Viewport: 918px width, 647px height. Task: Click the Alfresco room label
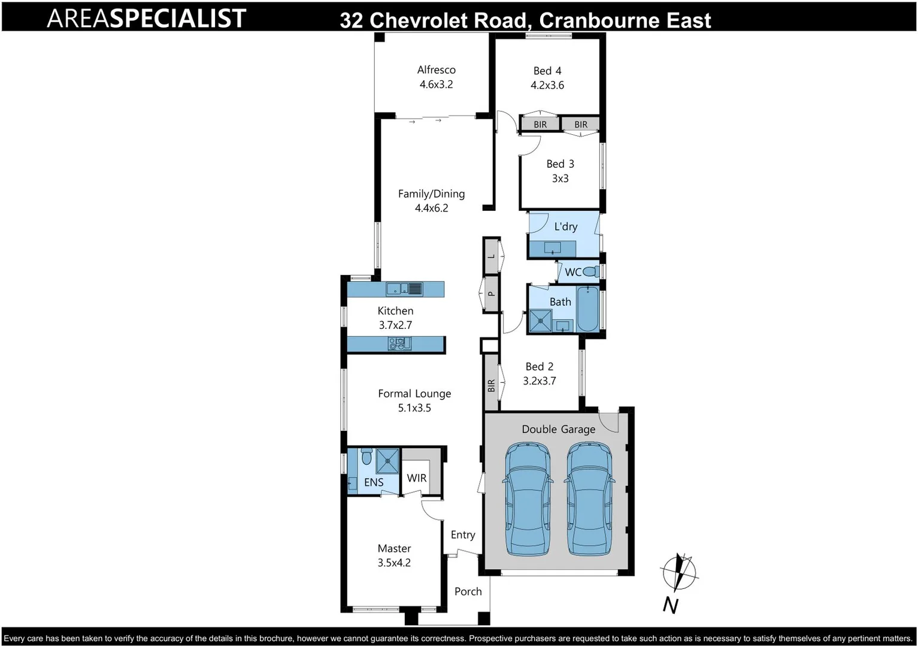click(436, 69)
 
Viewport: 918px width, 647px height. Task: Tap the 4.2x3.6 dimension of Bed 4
click(547, 85)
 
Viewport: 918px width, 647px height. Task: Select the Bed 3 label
click(560, 164)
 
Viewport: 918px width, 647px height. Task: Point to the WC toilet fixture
click(590, 271)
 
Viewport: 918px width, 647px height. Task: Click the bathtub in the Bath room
click(587, 309)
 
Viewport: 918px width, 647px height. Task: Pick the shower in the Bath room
click(540, 321)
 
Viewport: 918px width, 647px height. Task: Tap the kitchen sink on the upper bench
click(404, 289)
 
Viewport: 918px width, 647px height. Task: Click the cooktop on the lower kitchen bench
click(399, 344)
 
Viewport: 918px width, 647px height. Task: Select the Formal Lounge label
click(414, 394)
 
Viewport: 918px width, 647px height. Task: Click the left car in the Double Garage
click(528, 499)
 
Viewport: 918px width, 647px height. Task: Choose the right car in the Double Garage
click(589, 499)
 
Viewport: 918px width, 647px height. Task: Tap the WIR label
click(416, 478)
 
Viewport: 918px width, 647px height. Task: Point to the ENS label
click(374, 482)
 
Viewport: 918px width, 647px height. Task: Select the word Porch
click(468, 591)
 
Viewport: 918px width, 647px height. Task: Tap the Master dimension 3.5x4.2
click(394, 563)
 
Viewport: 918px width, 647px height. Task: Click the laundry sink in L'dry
click(552, 247)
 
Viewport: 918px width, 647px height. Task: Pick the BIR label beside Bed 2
click(492, 385)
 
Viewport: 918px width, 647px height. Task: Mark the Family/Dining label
click(431, 194)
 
